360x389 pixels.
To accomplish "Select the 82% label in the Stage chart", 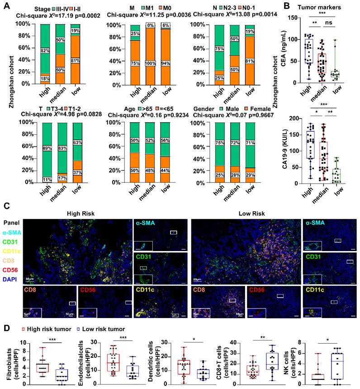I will click(x=44, y=50).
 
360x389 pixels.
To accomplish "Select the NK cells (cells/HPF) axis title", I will click(x=290, y=361).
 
